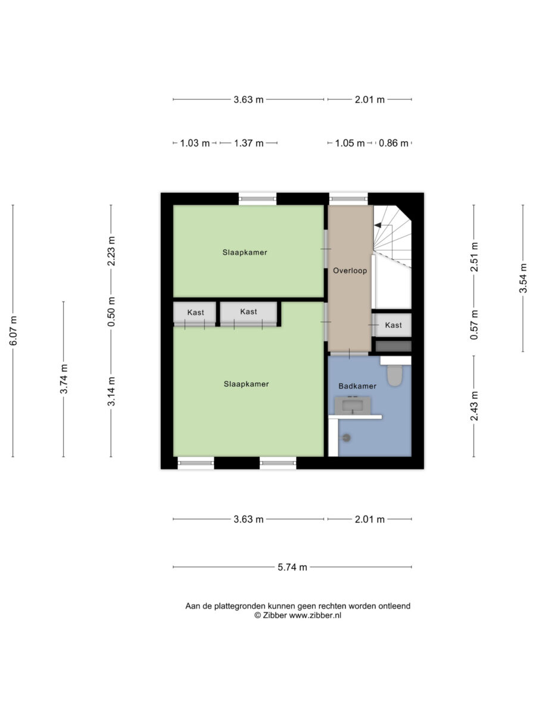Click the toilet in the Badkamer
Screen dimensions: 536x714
[395, 375]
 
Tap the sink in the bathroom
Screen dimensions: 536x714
[353, 406]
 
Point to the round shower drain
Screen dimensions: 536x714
[347, 438]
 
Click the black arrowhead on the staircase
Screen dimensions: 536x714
[378, 225]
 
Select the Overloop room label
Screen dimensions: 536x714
[350, 270]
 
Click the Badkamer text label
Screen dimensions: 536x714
[357, 386]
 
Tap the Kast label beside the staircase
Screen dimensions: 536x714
[393, 325]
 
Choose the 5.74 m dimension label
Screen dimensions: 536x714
[292, 567]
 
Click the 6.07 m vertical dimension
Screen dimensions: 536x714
[13, 330]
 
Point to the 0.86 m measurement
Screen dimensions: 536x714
[393, 143]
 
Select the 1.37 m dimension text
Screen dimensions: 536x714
[248, 143]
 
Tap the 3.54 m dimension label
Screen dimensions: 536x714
[523, 278]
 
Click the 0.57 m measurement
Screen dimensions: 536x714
[474, 325]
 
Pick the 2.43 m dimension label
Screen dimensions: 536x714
[474, 406]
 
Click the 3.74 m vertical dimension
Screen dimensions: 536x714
[64, 379]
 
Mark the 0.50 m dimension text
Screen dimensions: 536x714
[111, 312]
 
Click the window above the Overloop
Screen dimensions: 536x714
[348, 199]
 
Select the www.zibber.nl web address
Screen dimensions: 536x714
[315, 615]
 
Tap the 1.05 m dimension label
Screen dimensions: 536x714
[350, 143]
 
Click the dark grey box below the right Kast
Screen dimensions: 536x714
[394, 346]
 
